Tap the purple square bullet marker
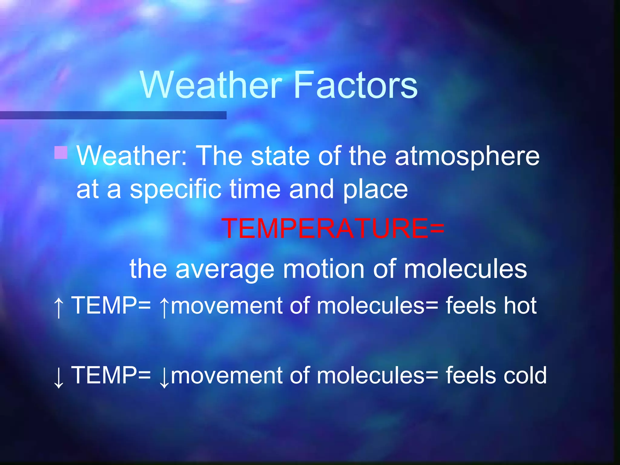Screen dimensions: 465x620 point(61,153)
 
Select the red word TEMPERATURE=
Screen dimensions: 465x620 point(333,229)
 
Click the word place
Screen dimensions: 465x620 point(375,190)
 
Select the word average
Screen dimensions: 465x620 point(225,269)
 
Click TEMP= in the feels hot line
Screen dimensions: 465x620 point(111,306)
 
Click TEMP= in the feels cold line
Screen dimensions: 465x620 point(111,375)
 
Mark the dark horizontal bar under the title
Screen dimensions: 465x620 point(113,115)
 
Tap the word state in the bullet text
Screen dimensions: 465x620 point(280,156)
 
